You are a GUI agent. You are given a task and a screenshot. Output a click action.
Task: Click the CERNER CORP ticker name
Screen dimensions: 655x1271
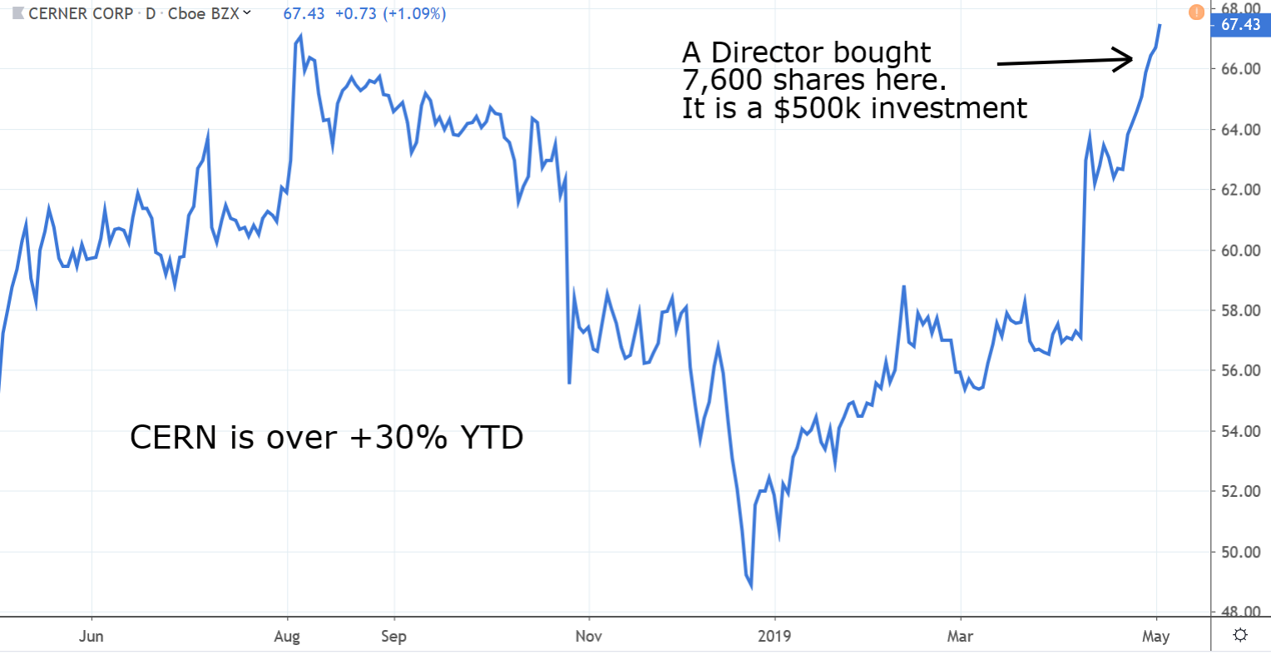[x=81, y=14]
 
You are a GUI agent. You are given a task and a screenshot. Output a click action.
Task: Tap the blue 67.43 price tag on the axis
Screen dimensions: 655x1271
[x=1240, y=25]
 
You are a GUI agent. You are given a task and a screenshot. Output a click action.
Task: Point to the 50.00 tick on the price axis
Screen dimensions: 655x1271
[x=1241, y=552]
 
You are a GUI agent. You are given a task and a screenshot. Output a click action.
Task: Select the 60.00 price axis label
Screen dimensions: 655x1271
[x=1241, y=251]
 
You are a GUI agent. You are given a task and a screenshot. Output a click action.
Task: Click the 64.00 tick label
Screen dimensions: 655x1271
[x=1241, y=130]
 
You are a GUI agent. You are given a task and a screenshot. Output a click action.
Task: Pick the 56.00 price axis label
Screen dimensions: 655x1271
[x=1241, y=371]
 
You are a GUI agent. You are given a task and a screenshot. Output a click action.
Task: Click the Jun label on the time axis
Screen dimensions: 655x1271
[x=91, y=637]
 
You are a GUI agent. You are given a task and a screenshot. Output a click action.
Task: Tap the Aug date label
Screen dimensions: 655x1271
[x=287, y=637]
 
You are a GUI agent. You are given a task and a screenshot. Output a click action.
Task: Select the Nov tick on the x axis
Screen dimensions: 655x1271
[x=589, y=637]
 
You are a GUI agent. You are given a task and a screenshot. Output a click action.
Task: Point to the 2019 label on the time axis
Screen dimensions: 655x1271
[x=774, y=637]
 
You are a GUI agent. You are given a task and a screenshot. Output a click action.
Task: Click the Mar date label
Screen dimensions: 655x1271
[x=960, y=637]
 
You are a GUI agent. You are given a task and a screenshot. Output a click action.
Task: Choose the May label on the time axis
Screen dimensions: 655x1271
[x=1155, y=637]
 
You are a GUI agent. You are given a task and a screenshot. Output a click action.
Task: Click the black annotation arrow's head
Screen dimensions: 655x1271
[x=1129, y=58]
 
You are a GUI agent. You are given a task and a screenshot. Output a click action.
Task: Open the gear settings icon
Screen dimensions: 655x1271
[x=1240, y=636]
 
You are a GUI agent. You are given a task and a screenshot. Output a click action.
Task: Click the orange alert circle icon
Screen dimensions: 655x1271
[x=1196, y=12]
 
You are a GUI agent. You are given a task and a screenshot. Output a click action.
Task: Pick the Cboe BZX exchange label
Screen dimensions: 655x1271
[x=203, y=14]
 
